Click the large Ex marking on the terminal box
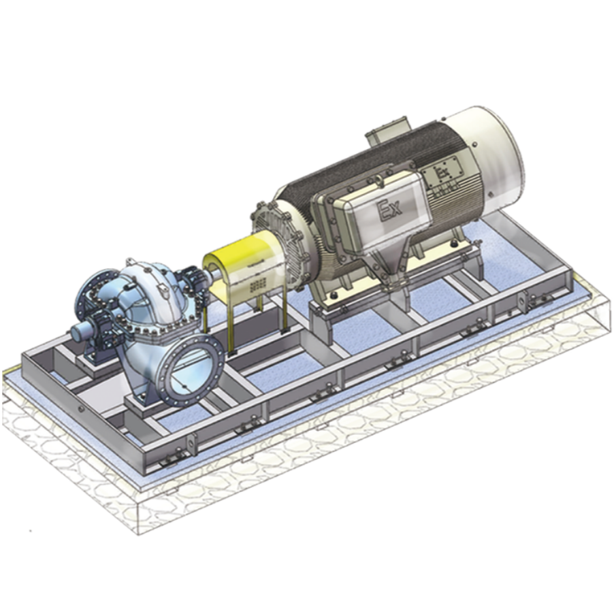coord(389,207)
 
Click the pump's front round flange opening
coord(193,368)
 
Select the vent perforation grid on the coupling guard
coord(257,285)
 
